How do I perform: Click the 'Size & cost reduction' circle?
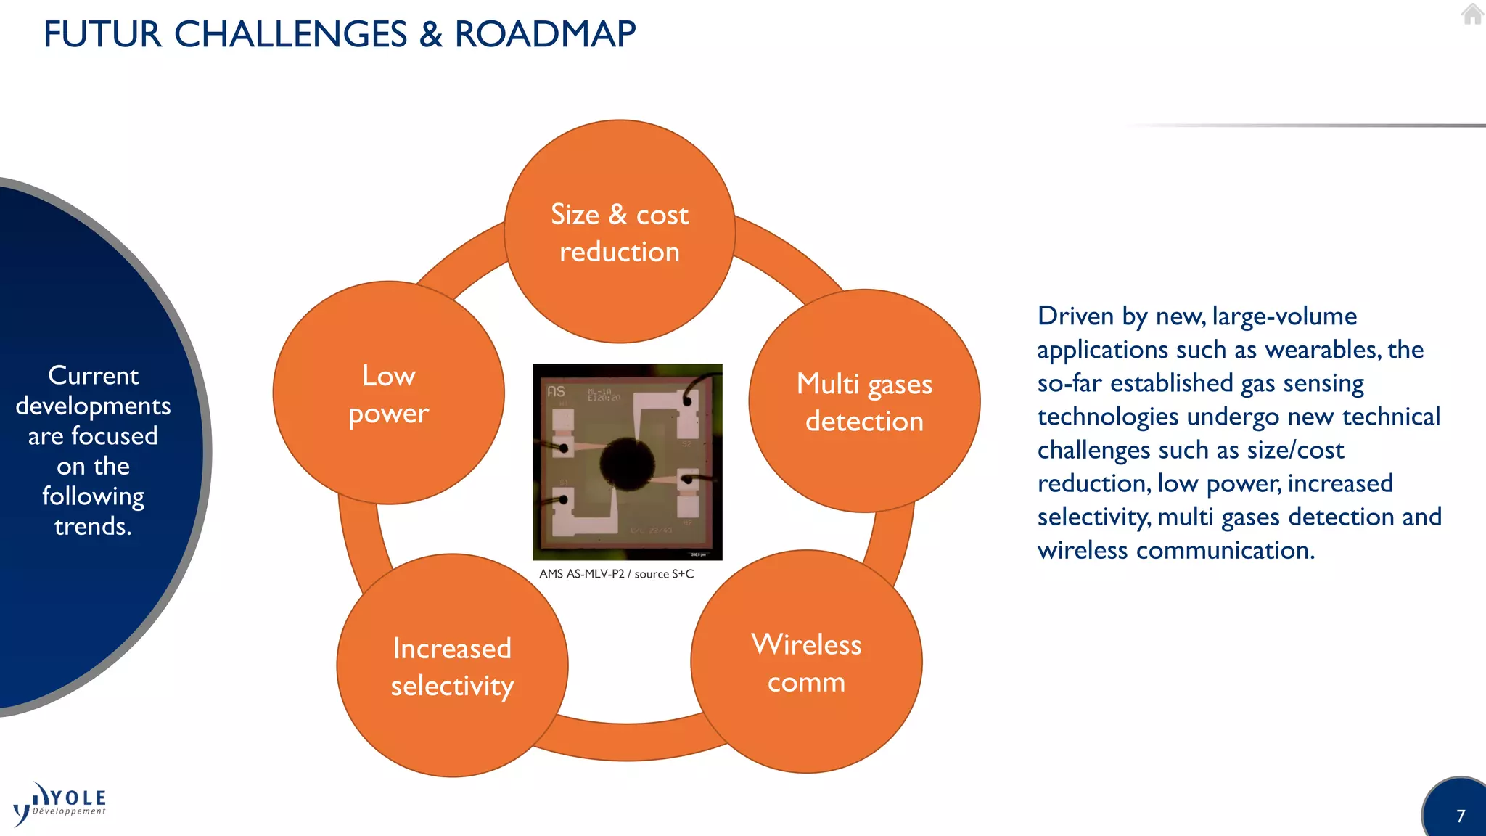[620, 232]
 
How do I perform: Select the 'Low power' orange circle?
[389, 393]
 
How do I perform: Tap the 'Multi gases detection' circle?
[864, 401]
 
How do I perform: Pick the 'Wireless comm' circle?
[806, 662]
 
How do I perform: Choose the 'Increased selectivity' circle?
[452, 665]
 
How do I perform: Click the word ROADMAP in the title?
[545, 34]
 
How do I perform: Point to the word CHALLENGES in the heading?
[290, 34]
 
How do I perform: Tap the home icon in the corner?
[1472, 14]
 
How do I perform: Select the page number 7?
[1461, 816]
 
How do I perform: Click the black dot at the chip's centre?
[627, 461]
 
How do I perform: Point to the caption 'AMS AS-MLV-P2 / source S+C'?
[616, 574]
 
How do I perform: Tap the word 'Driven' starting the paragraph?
[1075, 316]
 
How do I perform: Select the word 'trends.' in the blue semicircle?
[93, 526]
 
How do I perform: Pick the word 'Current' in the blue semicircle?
[93, 375]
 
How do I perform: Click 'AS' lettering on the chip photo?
[556, 392]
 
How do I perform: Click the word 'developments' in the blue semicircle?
[93, 406]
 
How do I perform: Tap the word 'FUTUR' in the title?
[102, 34]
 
